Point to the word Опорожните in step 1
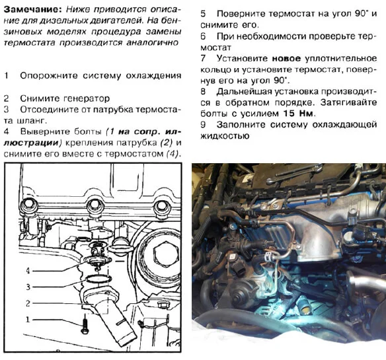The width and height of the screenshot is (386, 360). pos(50,76)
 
